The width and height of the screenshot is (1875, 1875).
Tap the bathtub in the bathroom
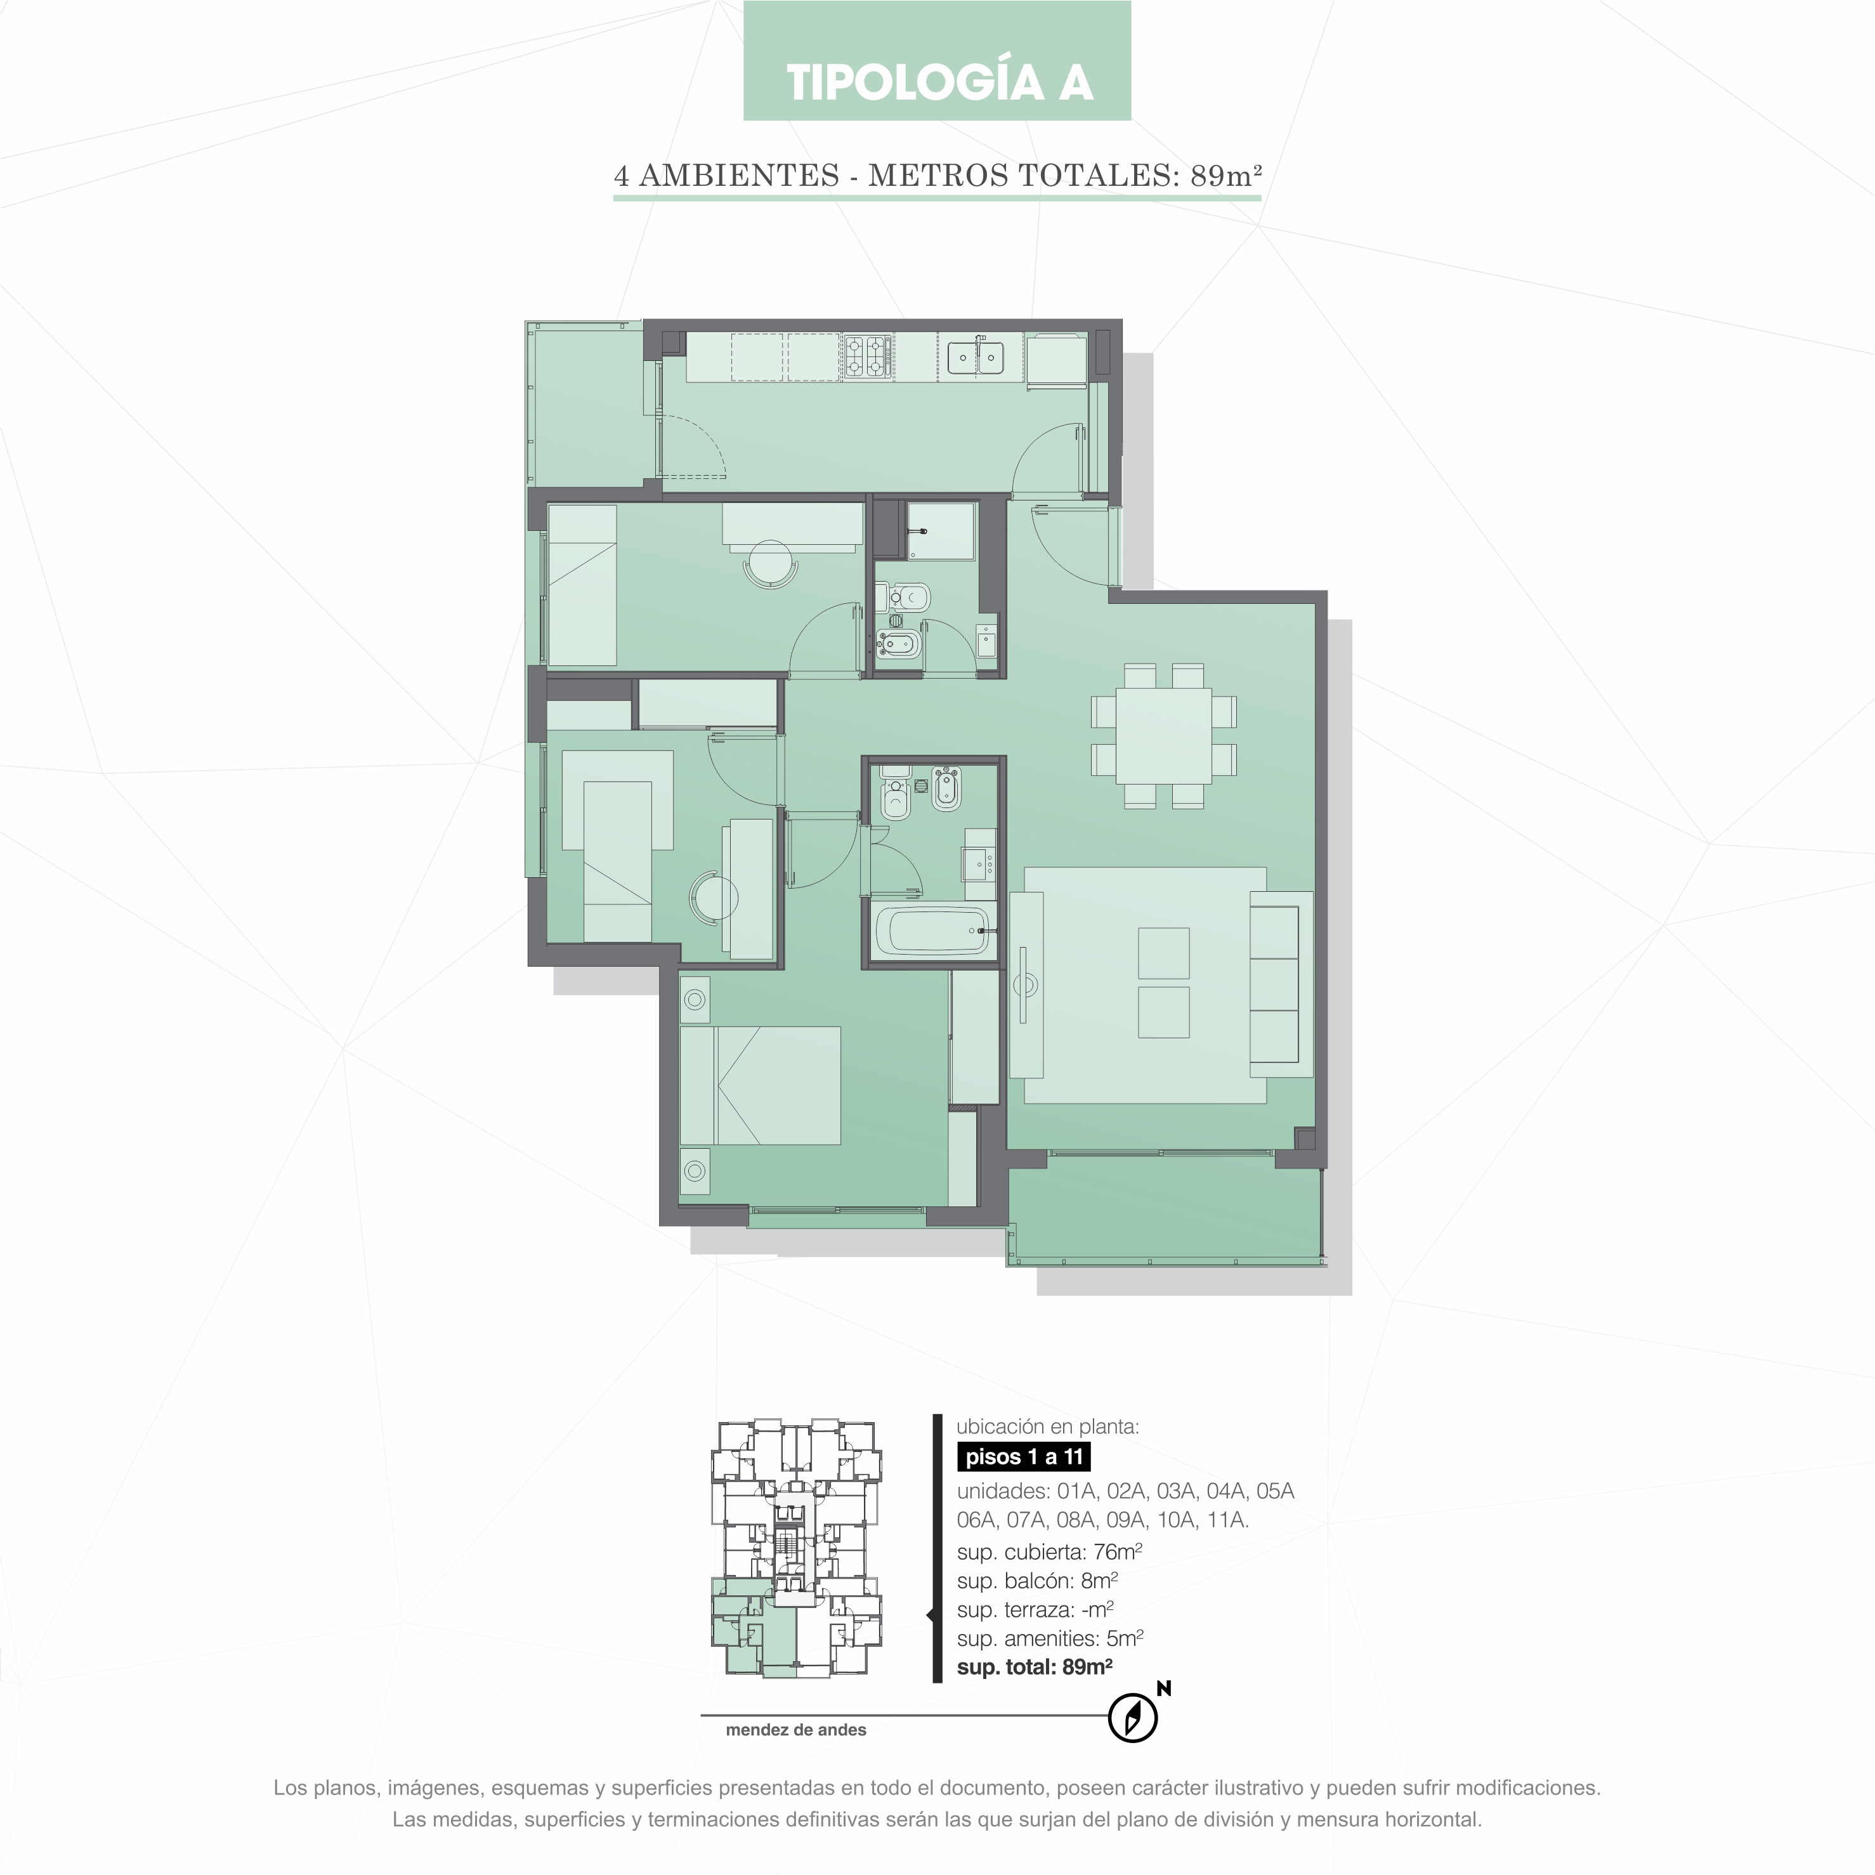(932, 931)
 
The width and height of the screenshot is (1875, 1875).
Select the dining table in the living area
(1163, 736)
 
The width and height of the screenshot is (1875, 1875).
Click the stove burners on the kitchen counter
(866, 356)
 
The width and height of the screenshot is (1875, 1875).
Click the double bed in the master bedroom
(760, 1086)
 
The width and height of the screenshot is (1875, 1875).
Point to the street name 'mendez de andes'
(796, 1729)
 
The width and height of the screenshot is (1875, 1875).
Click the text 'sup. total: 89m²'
(1035, 1668)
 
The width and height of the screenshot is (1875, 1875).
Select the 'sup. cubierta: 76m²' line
(1049, 1552)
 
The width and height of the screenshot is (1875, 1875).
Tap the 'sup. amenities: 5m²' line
(1050, 1639)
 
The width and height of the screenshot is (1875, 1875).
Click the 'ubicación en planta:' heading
(1048, 1427)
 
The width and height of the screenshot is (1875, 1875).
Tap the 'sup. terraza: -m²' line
(1036, 1610)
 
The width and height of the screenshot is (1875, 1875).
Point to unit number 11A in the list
(1227, 1520)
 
